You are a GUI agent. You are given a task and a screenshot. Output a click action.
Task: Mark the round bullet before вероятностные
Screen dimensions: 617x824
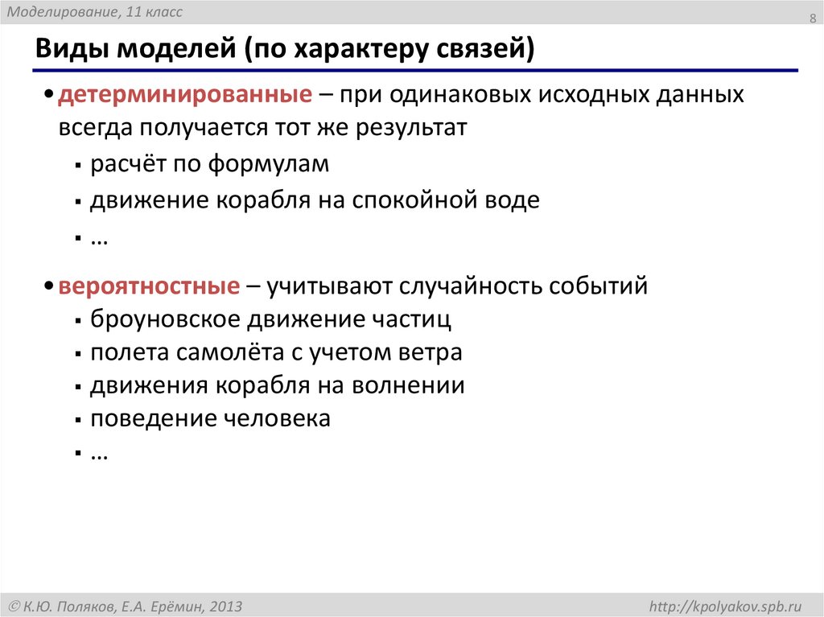pyautogui.click(x=50, y=287)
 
